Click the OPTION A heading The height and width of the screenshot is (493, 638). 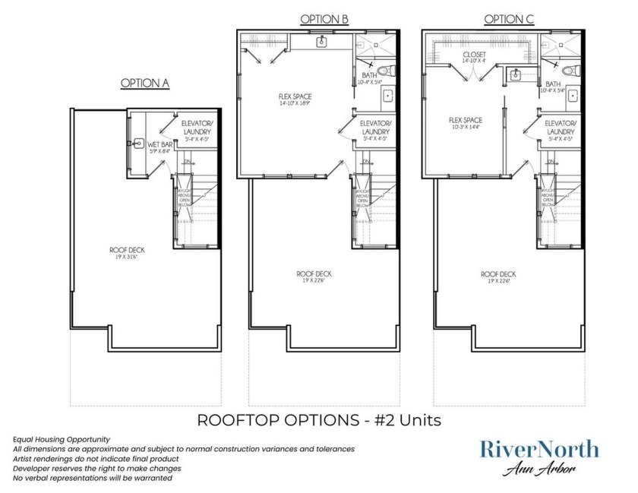coord(144,83)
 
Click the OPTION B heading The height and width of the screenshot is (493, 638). coord(324,19)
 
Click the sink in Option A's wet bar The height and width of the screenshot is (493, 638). coord(138,142)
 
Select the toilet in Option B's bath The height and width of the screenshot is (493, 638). coord(386,73)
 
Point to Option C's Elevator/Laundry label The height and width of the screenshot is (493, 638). coord(561,127)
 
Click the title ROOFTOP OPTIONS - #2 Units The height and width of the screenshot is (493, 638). coord(319,419)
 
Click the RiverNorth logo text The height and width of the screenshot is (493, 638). coord(539,449)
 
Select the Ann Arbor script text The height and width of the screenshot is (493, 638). coord(539,470)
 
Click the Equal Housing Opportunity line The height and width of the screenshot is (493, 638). coord(62,439)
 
